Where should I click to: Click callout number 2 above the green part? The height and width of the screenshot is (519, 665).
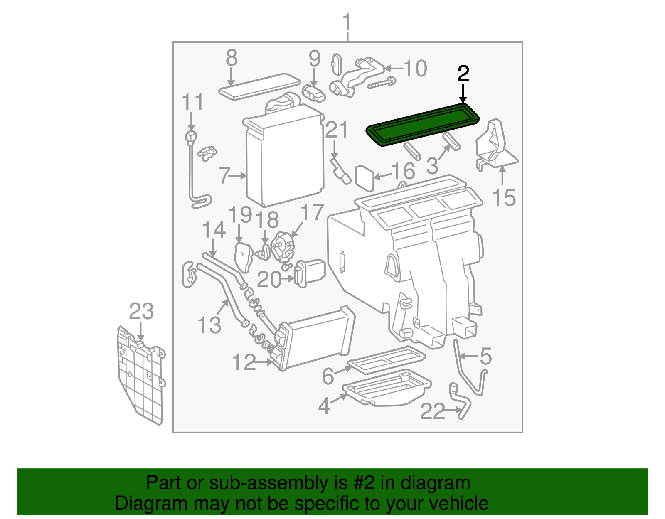[463, 74]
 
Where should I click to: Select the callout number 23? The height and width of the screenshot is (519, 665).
[141, 311]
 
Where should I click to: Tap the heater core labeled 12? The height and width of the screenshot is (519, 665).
[316, 339]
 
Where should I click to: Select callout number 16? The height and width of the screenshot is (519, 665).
[404, 171]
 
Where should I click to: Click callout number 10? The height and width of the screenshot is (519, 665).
[415, 68]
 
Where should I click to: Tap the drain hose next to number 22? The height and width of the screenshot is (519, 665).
[461, 401]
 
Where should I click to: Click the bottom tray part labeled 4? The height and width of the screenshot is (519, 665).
[387, 389]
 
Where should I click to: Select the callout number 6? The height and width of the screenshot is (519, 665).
[328, 376]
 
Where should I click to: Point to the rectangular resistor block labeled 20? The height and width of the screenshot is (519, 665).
[310, 273]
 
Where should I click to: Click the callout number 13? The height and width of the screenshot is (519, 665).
[209, 325]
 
